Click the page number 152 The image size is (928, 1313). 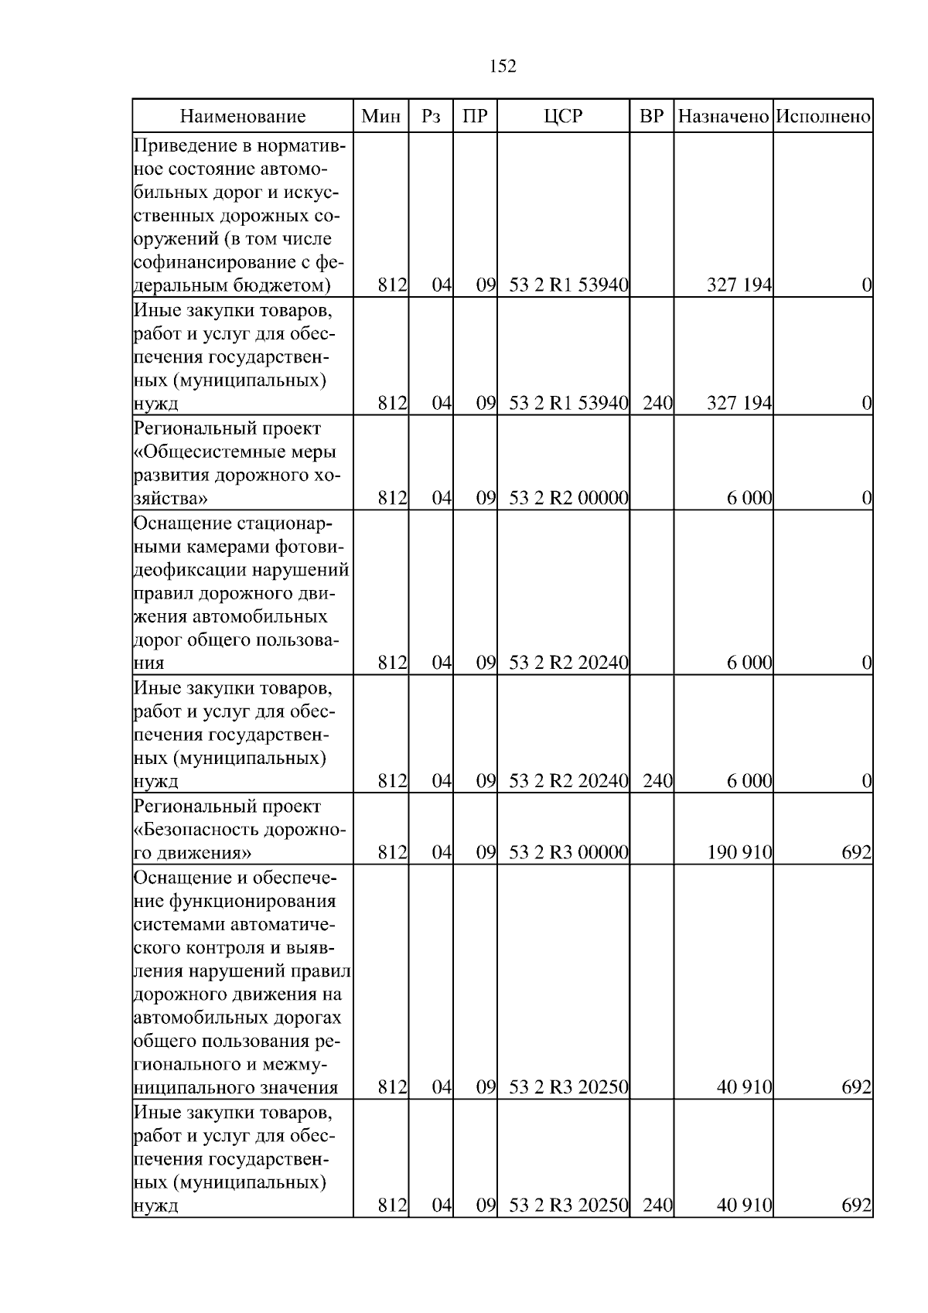[503, 67]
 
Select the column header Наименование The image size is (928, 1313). [243, 117]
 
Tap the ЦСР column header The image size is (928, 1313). [563, 117]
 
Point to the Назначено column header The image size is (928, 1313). [723, 117]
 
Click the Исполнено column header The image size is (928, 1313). [823, 117]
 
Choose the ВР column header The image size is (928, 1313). [652, 117]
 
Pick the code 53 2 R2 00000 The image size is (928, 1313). [568, 499]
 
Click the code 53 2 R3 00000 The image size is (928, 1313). [568, 853]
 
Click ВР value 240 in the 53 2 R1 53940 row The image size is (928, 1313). [657, 403]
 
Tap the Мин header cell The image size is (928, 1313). [381, 117]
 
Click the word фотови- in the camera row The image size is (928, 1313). [310, 547]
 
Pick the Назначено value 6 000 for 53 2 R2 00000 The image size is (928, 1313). [749, 499]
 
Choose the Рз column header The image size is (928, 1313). [431, 117]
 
